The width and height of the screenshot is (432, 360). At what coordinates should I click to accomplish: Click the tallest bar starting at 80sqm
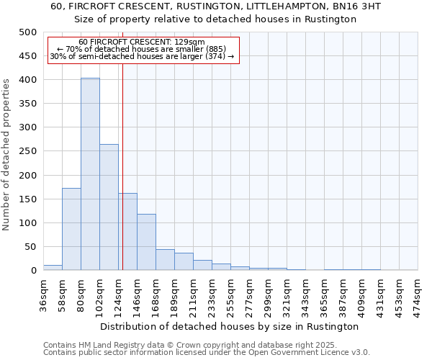click(x=90, y=174)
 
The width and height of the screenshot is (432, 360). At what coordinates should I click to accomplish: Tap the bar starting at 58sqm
click(x=71, y=229)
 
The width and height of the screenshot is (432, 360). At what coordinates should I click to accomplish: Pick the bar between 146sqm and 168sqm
click(x=146, y=242)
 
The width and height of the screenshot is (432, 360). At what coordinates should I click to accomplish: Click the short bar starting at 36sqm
click(x=53, y=267)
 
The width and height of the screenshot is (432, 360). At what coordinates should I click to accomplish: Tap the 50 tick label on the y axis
click(x=30, y=247)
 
